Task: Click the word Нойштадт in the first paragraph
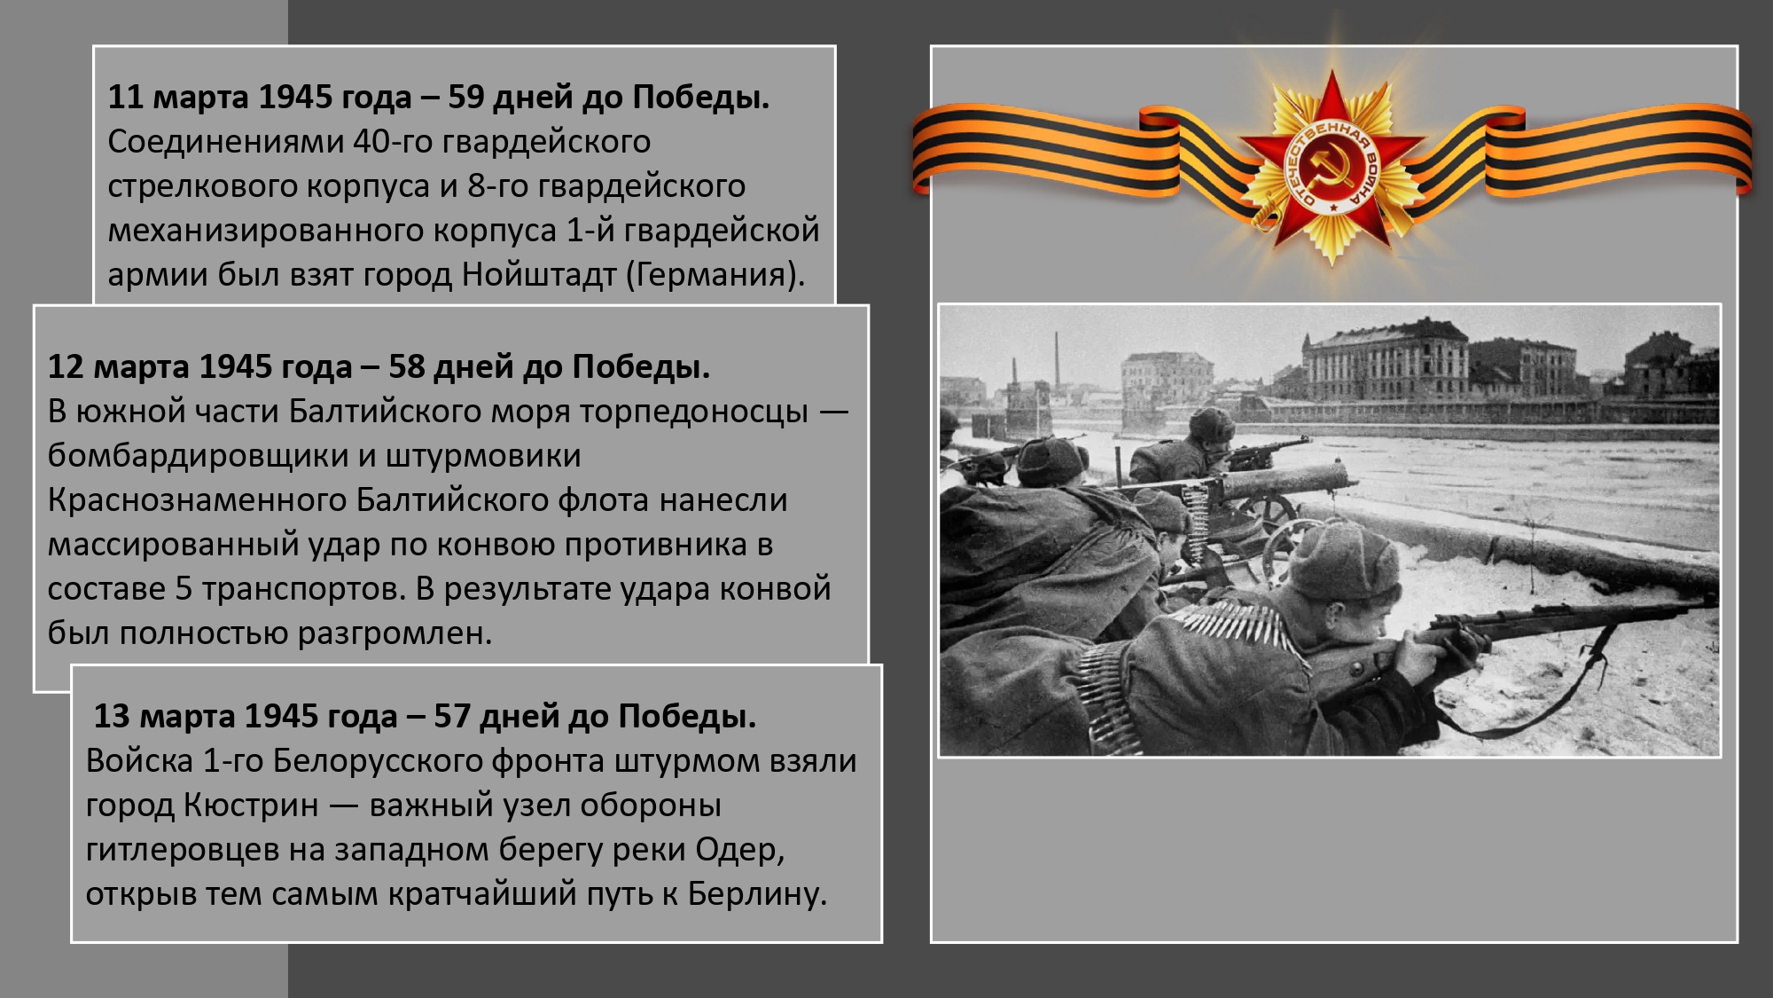pyautogui.click(x=539, y=275)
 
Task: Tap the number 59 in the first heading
pyautogui.click(x=465, y=97)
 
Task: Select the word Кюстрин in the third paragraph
pyautogui.click(x=251, y=805)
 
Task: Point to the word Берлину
pyautogui.click(x=757, y=894)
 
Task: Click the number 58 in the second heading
pyautogui.click(x=407, y=366)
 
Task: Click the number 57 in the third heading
pyautogui.click(x=452, y=716)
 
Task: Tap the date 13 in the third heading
pyautogui.click(x=112, y=716)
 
